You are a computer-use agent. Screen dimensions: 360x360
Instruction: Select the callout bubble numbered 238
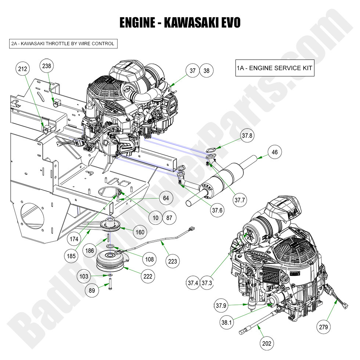coord(47,66)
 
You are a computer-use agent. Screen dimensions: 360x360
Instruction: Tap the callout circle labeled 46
coord(274,152)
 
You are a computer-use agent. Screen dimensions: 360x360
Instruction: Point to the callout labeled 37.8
coord(247,135)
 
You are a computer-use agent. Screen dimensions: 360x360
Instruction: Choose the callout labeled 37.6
coord(216,210)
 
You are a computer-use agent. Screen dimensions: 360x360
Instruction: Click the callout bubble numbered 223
coord(172,262)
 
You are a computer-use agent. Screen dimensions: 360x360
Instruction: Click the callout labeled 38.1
coord(226,322)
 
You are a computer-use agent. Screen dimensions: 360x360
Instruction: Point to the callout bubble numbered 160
coord(140,232)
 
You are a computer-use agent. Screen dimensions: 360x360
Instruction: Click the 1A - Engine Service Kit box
coord(274,68)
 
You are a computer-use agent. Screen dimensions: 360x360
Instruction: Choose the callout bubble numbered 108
coord(150,259)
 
